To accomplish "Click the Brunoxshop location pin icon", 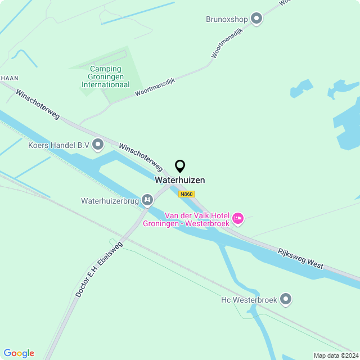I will [x=256, y=19].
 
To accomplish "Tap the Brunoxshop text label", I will [x=227, y=20].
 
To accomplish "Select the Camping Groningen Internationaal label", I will [x=105, y=77].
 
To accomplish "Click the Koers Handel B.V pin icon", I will [x=98, y=145].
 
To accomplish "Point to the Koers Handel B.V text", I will [x=59, y=145].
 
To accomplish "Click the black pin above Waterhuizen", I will [x=180, y=166].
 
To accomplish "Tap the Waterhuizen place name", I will [x=180, y=180].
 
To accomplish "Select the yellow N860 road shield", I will [x=186, y=194].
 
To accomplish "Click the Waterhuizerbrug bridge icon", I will [x=147, y=200].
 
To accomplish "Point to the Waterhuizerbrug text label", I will [x=110, y=200].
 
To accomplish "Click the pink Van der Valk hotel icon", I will [x=238, y=218].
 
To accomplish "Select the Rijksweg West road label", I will [x=300, y=258].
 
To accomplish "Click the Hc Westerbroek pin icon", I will [x=286, y=299].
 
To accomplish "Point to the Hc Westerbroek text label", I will [x=249, y=300].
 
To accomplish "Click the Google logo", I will [x=19, y=353].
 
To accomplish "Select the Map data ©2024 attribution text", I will [x=335, y=355].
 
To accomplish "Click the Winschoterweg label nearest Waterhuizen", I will [x=141, y=157].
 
